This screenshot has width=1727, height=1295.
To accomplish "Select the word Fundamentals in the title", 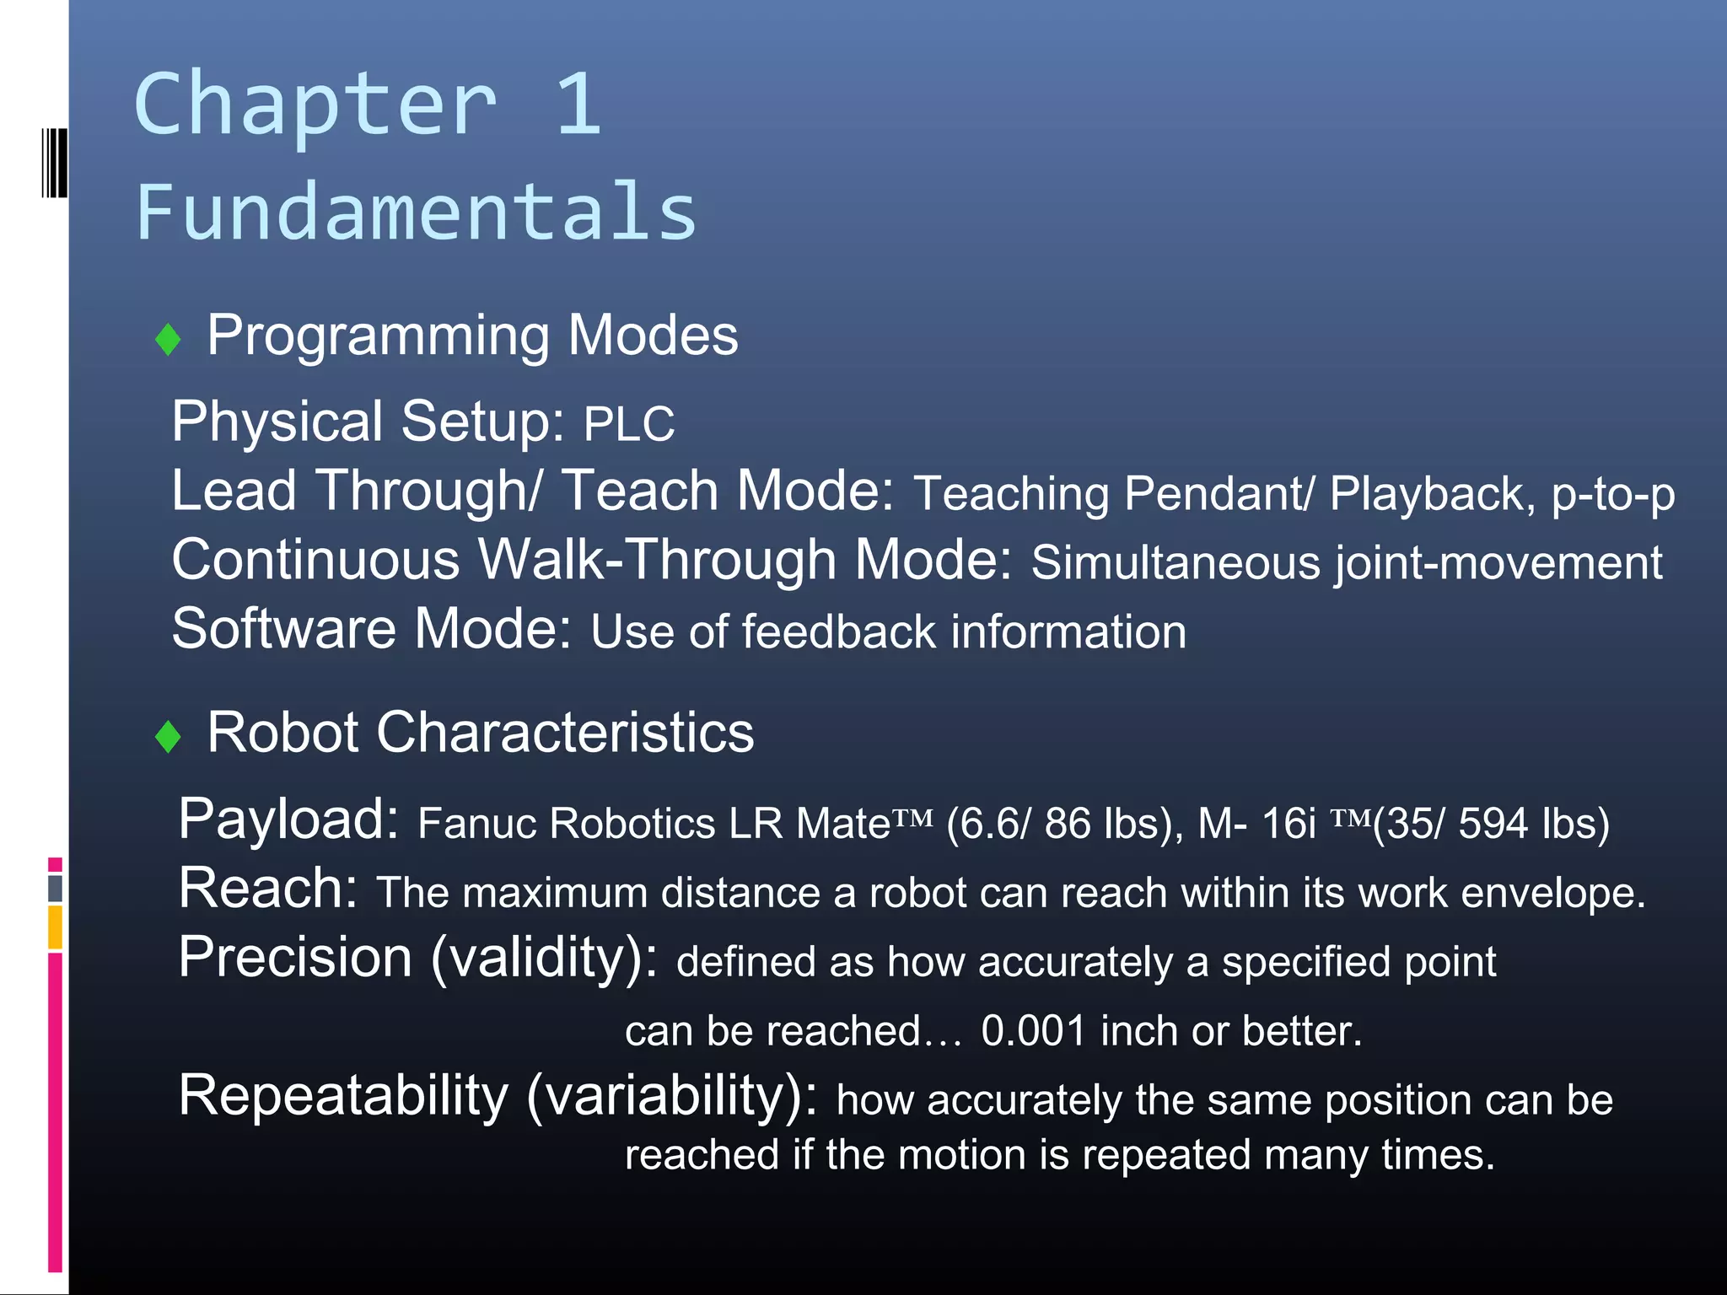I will click(417, 212).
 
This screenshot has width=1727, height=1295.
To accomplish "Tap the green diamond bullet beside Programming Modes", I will click(169, 340).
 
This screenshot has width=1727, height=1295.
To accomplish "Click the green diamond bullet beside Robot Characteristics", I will click(169, 736).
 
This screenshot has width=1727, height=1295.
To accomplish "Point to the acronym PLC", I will click(629, 424).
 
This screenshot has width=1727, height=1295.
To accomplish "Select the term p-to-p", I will click(1612, 494).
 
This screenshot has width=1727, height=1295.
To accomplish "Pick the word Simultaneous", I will click(1176, 563).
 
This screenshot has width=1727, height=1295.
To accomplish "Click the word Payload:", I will click(288, 819).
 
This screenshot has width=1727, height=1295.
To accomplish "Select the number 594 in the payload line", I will click(1493, 824).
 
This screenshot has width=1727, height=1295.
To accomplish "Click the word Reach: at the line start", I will click(268, 889).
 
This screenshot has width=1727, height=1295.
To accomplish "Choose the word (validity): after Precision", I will click(545, 959).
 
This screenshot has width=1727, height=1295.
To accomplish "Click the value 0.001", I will click(1033, 1031).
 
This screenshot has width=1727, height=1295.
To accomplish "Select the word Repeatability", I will click(343, 1096).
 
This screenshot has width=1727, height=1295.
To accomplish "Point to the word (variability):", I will click(671, 1097).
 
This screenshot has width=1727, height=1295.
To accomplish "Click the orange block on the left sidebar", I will click(55, 927).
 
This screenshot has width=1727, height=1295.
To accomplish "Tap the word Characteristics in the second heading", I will click(564, 732).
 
